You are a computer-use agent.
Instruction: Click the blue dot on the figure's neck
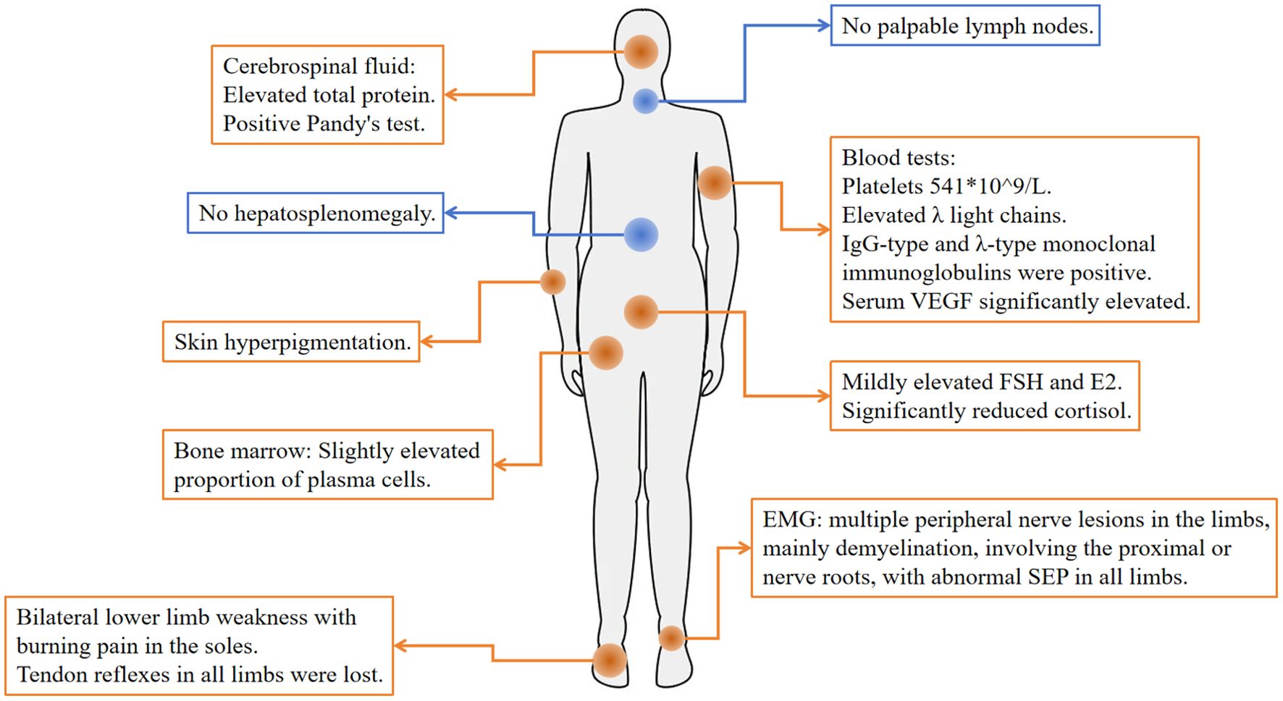(645, 101)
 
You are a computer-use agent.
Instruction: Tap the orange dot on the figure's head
(641, 51)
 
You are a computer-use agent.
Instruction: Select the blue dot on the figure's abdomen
(641, 235)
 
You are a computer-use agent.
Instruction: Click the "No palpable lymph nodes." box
(965, 26)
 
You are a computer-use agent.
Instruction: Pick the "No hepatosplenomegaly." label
(316, 213)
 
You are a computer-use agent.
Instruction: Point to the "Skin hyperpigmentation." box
(291, 342)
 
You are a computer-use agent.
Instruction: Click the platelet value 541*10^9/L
(990, 186)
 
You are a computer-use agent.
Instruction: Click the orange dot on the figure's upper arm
(714, 182)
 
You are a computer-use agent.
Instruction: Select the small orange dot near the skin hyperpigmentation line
(553, 282)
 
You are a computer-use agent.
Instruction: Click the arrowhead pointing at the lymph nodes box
(823, 25)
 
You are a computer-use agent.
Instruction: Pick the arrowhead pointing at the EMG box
(745, 548)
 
